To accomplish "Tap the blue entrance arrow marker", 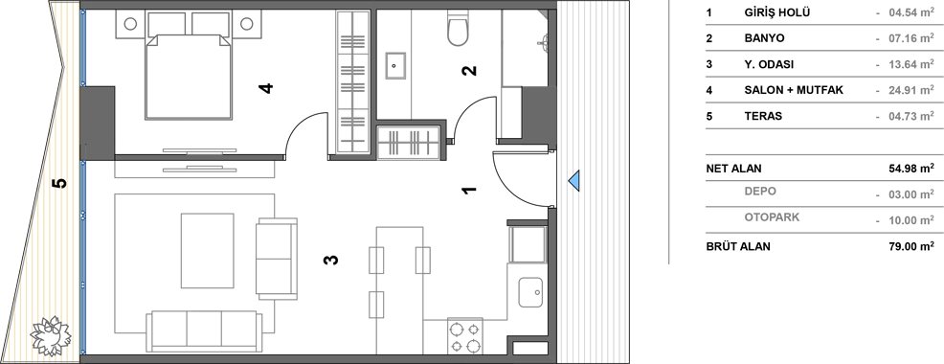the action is pyautogui.click(x=574, y=179).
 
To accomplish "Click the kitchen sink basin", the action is pyautogui.click(x=529, y=292).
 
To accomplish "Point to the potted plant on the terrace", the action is pyautogui.click(x=51, y=335).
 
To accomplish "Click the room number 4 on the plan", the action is pyautogui.click(x=265, y=88).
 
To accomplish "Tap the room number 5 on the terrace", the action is pyautogui.click(x=59, y=183).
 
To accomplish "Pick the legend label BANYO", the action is pyautogui.click(x=764, y=38).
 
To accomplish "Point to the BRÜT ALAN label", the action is pyautogui.click(x=738, y=246).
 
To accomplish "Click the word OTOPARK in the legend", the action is pyautogui.click(x=772, y=217).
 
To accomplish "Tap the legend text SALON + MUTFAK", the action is pyautogui.click(x=794, y=90).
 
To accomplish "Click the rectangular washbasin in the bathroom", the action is pyautogui.click(x=395, y=66).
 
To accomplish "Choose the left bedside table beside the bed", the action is pyautogui.click(x=130, y=24).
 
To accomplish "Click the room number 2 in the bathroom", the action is pyautogui.click(x=469, y=71).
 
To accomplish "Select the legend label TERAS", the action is pyautogui.click(x=763, y=116).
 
